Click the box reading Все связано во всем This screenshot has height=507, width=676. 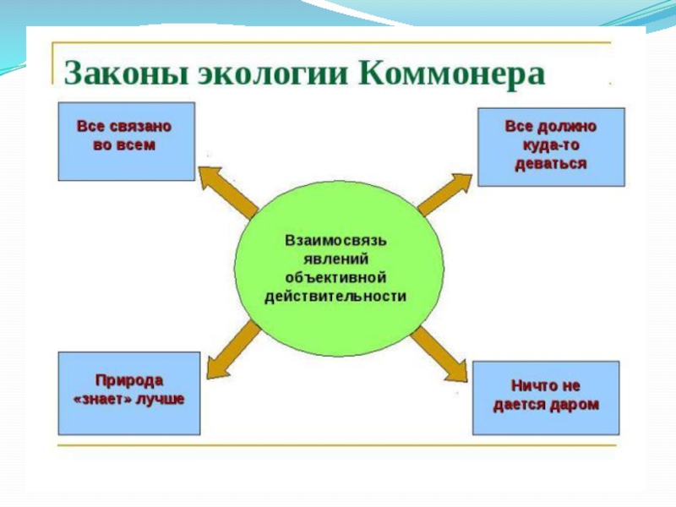[x=126, y=141]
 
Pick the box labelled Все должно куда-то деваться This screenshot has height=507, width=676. [x=551, y=146]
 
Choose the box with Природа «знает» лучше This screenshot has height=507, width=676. [x=128, y=393]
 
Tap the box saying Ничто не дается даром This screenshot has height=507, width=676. [x=545, y=398]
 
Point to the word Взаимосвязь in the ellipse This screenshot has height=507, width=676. [x=335, y=241]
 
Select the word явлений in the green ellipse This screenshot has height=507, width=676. [x=335, y=259]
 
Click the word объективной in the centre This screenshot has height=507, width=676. [x=335, y=278]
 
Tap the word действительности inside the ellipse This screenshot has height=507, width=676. [x=335, y=297]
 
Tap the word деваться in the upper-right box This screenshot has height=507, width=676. [x=551, y=163]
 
